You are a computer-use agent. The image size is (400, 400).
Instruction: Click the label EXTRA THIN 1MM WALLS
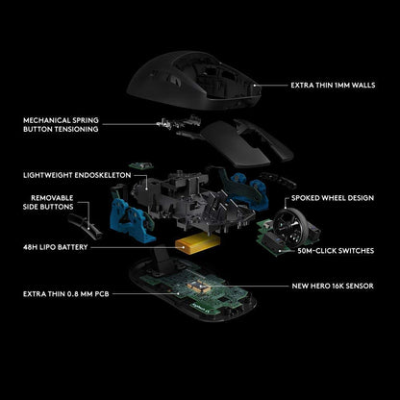[x=333, y=86]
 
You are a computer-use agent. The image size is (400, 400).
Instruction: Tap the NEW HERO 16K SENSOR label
[x=333, y=286]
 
